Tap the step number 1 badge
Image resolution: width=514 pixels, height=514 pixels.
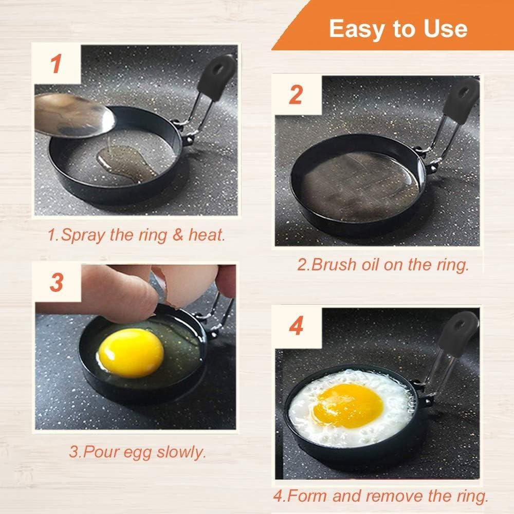[57, 65]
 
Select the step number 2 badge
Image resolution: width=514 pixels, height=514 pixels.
[295, 95]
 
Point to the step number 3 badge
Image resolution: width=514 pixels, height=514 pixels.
[57, 282]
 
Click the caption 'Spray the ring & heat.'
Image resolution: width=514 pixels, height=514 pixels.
[136, 235]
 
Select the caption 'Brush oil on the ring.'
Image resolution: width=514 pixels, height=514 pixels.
[383, 265]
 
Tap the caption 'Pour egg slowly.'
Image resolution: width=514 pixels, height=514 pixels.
[137, 452]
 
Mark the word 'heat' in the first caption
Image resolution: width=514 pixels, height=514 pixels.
[208, 235]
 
